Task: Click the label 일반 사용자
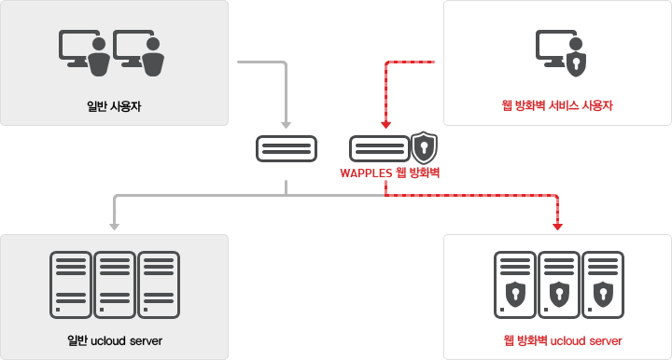(x=114, y=104)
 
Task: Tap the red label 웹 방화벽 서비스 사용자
(x=557, y=104)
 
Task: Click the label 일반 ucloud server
(x=114, y=339)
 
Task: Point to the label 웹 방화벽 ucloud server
(x=557, y=339)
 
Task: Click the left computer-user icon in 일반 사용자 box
(x=85, y=50)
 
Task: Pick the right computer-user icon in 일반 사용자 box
(x=139, y=50)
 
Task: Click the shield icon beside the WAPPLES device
(x=425, y=146)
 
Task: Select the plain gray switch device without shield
(x=286, y=147)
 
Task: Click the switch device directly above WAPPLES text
(x=379, y=147)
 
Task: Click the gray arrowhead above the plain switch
(x=286, y=126)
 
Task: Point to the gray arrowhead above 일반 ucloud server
(x=114, y=225)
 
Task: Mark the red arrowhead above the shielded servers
(x=557, y=225)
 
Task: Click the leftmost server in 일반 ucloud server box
(x=70, y=283)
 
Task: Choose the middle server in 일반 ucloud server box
(x=114, y=283)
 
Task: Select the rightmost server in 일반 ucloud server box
(x=158, y=283)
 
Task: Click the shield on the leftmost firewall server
(x=514, y=294)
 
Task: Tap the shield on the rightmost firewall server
(x=602, y=294)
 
